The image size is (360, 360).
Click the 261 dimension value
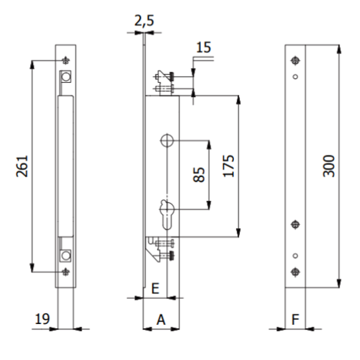pos(22,165)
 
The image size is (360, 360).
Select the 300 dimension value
pos(329,165)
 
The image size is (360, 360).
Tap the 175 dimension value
pos(228,166)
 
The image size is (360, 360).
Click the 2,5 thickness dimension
pos(144,21)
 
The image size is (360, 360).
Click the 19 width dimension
pos(41,319)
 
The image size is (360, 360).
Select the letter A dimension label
pos(161,320)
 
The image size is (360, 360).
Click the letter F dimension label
pos(295,320)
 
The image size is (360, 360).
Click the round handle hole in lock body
pos(167,140)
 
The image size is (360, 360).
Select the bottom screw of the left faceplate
pos(65,271)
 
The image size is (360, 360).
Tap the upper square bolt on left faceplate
pos(65,77)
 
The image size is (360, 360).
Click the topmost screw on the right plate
pos(295,60)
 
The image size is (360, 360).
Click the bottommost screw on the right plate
pos(295,271)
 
